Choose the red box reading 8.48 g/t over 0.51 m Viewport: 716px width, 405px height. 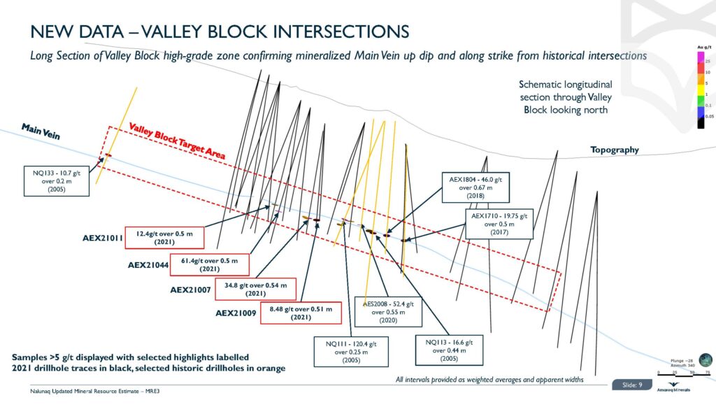tap(302, 313)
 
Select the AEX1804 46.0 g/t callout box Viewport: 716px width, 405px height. tap(471, 187)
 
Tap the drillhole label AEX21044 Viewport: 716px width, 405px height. tap(149, 265)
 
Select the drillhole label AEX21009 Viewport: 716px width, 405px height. tap(236, 313)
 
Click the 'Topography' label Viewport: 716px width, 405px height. tap(615, 150)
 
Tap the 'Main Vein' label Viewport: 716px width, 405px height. tap(41, 132)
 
